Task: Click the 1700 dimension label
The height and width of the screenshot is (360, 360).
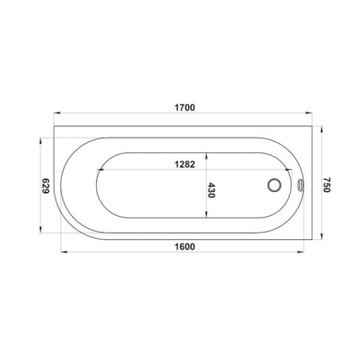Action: click(x=184, y=109)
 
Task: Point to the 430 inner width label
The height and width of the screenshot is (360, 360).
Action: click(x=211, y=191)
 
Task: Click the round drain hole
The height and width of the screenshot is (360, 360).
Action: click(x=274, y=185)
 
